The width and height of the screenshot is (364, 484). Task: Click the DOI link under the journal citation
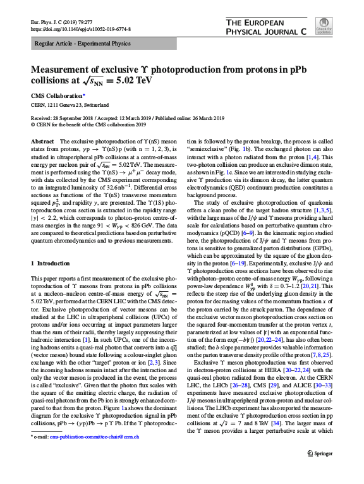tap(70, 28)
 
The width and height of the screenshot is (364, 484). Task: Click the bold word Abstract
tap(42, 142)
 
